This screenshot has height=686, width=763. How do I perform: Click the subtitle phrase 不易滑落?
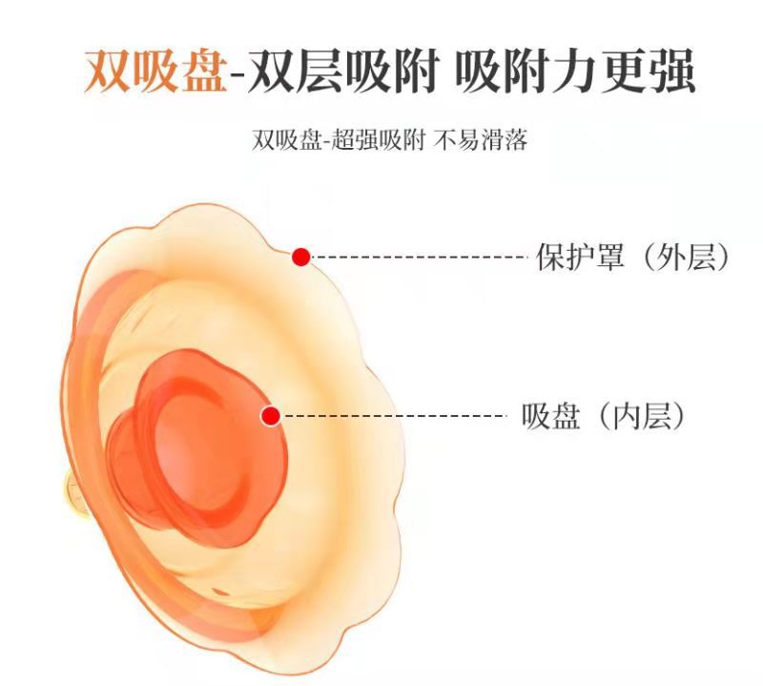tap(482, 141)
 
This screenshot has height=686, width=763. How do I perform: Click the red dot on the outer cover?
tap(301, 257)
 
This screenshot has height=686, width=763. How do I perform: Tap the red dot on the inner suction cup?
tap(271, 415)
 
